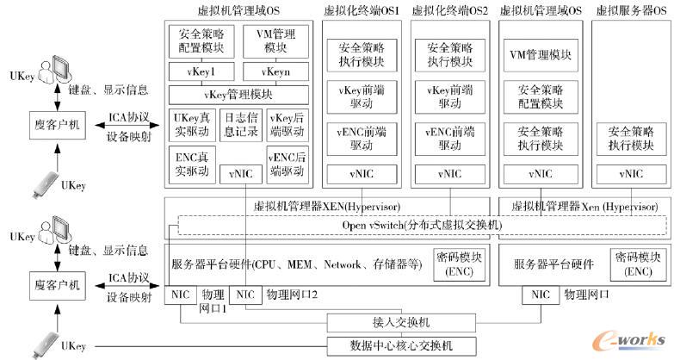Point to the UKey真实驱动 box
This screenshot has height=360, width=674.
tap(192, 125)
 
